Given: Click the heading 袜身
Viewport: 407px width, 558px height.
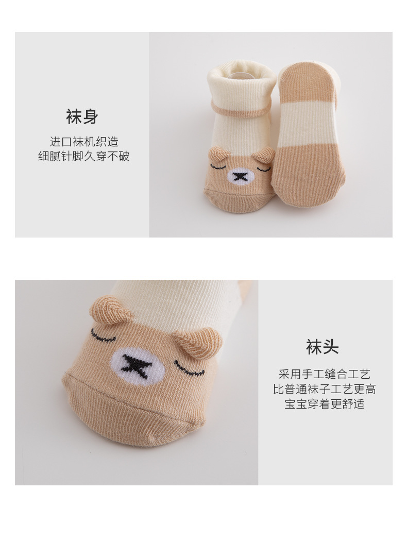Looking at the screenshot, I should coord(82,116).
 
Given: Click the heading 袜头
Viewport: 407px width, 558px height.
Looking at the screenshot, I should coord(322,347).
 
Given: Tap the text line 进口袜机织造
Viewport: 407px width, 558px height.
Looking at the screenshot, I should coord(84,142).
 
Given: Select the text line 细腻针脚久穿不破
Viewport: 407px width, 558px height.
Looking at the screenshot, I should coord(84,156).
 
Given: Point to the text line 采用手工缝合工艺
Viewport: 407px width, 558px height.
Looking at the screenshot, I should coord(324,374).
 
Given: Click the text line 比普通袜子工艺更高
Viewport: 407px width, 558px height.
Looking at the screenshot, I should coord(324,389).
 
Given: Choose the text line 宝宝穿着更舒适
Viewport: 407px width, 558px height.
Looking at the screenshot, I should coord(324,403).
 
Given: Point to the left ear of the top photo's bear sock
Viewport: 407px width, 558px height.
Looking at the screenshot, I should coord(218,153).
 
